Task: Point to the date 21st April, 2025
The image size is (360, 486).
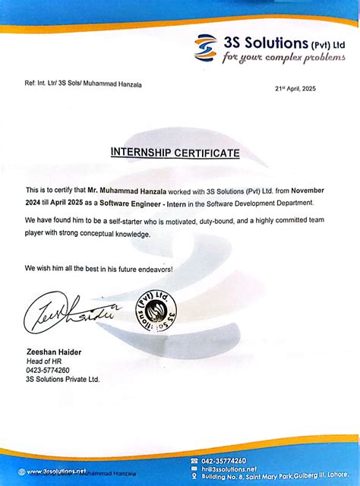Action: (295, 89)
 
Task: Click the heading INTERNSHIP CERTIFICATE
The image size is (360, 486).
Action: (175, 153)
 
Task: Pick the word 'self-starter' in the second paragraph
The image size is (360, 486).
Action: (125, 219)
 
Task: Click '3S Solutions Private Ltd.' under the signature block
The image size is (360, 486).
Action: (62, 379)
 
